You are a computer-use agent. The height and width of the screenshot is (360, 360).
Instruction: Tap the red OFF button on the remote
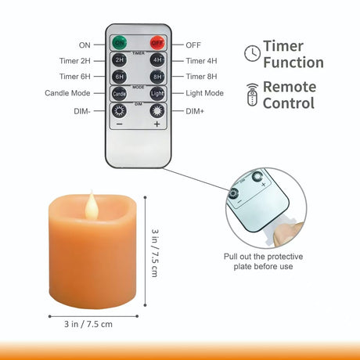[157, 43]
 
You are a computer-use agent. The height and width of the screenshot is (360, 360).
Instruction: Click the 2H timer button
[119, 60]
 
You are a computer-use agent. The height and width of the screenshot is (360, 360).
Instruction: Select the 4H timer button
[157, 60]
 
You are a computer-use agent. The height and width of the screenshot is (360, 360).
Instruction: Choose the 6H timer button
[119, 77]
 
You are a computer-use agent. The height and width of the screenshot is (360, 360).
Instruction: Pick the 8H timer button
[157, 77]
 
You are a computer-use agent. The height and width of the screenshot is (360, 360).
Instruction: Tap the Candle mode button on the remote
[119, 93]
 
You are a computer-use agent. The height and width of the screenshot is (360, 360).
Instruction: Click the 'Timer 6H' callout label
[75, 77]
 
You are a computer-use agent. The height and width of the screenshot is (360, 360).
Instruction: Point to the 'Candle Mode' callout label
[67, 93]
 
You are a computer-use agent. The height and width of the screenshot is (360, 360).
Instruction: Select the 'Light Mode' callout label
[204, 93]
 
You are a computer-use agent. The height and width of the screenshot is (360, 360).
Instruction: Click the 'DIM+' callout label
[195, 111]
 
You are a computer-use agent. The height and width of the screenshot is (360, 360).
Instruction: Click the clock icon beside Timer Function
[252, 53]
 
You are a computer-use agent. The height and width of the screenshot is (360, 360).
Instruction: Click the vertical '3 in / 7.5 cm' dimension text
[155, 253]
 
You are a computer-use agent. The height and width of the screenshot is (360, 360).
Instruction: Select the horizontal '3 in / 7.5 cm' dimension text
[88, 324]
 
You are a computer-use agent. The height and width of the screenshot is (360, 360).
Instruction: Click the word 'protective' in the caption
[285, 257]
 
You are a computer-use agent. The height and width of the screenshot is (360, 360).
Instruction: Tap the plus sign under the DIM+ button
[157, 124]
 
